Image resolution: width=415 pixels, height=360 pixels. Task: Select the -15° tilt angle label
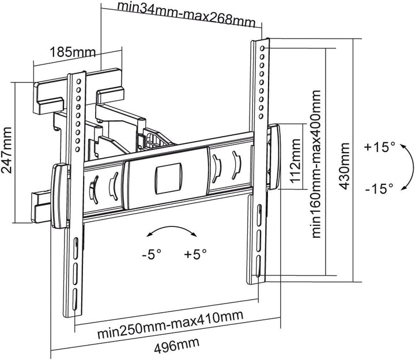tap(379, 188)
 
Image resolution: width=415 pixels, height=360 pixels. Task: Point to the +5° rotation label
tap(195, 253)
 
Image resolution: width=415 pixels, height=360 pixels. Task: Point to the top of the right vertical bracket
tap(261, 43)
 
